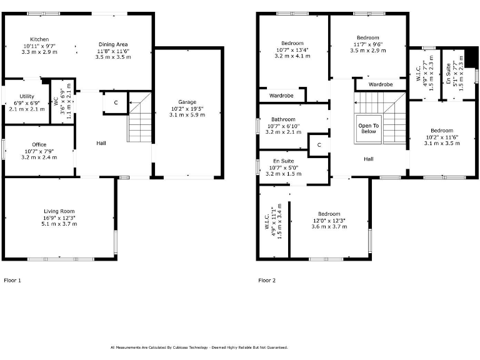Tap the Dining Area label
coord(113,44)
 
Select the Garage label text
coord(187,102)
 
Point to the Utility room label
coord(26,96)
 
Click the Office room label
coord(39,144)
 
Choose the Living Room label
coord(59,211)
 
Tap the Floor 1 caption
coord(12,281)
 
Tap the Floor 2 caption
coord(267,281)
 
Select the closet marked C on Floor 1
coord(115,102)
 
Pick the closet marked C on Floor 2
coord(319,144)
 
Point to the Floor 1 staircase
coord(140,119)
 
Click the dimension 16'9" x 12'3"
coord(59,217)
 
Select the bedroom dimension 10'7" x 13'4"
coord(292,50)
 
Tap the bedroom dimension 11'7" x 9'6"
coord(367,44)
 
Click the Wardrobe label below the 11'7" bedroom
coord(380,84)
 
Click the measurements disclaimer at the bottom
coord(199,347)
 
